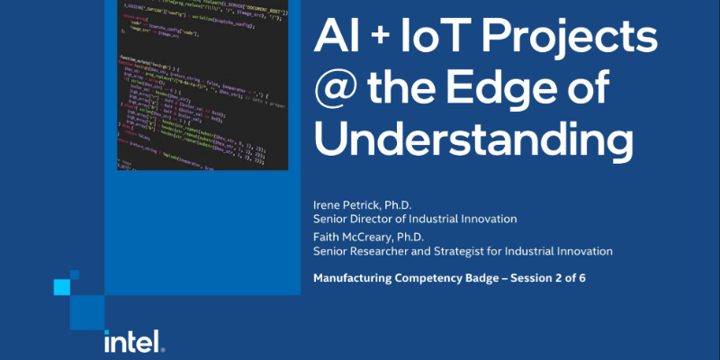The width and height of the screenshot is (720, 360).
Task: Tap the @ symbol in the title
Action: tap(334, 92)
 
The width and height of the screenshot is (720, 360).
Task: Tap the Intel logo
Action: tap(132, 340)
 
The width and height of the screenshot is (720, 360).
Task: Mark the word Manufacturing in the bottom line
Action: tap(352, 278)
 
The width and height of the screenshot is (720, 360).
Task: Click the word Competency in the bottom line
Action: tap(425, 278)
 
